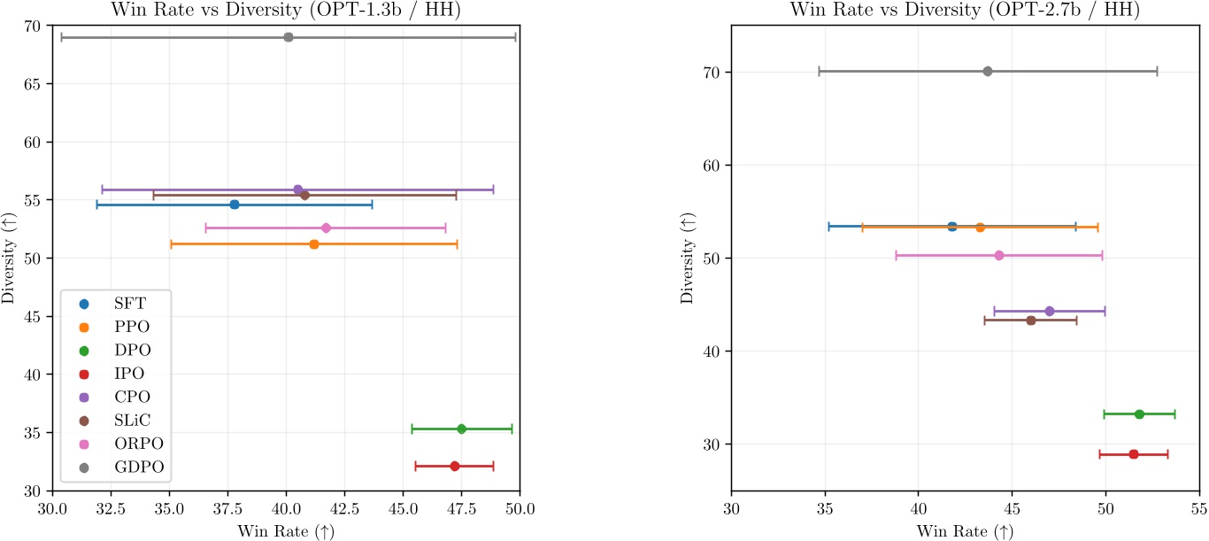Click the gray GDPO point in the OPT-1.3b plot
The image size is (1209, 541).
point(289,37)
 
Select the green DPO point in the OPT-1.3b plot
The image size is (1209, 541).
point(461,429)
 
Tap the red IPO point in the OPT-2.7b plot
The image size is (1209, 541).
point(1134,454)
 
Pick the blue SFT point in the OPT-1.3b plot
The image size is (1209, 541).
point(235,205)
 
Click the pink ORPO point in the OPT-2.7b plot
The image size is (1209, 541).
point(999,255)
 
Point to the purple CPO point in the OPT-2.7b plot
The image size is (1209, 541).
point(1050,311)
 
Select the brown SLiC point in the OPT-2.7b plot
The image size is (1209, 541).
point(1031,321)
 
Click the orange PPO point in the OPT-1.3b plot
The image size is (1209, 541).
point(314,243)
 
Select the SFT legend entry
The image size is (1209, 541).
point(130,303)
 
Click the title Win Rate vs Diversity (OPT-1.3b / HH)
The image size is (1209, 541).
point(286,10)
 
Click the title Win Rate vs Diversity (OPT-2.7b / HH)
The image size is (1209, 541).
point(964,10)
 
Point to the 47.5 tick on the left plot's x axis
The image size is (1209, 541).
point(461,510)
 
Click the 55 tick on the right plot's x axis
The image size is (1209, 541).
point(1198,510)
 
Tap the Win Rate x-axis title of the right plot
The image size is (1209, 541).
point(964,531)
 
